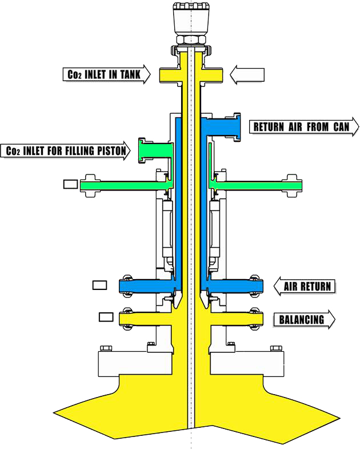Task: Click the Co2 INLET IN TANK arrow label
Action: point(106,74)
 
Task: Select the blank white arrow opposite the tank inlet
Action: point(247,74)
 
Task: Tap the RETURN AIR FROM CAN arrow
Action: point(304,126)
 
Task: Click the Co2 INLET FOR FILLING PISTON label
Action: point(66,151)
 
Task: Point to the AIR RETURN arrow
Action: point(304,285)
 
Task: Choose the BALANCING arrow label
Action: point(304,319)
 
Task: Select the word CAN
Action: point(341,126)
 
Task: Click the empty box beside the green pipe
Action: point(70,184)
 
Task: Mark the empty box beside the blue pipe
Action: point(99,284)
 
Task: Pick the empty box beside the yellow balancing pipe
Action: point(106,316)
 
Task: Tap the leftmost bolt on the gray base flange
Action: point(105,348)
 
